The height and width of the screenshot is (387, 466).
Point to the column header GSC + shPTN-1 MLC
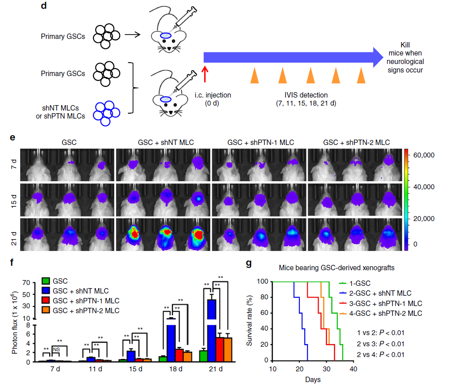click(260, 142)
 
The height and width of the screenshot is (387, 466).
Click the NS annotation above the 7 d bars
click(56, 349)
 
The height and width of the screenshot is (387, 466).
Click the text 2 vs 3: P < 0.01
click(381, 344)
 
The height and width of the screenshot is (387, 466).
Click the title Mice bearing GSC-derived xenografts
click(336, 268)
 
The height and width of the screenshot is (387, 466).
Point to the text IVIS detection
click(306, 95)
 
